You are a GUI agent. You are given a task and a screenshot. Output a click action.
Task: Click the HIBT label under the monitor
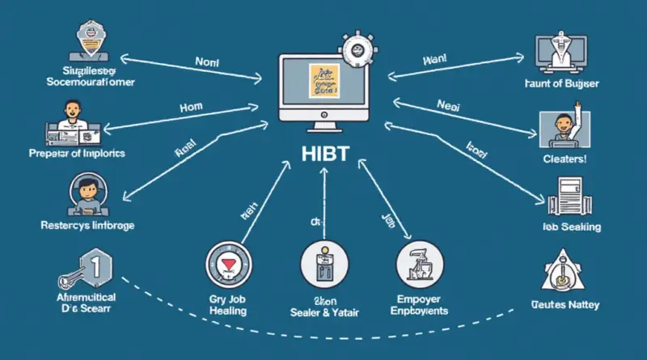point(323,155)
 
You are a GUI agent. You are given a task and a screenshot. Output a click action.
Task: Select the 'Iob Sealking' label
point(571,227)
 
